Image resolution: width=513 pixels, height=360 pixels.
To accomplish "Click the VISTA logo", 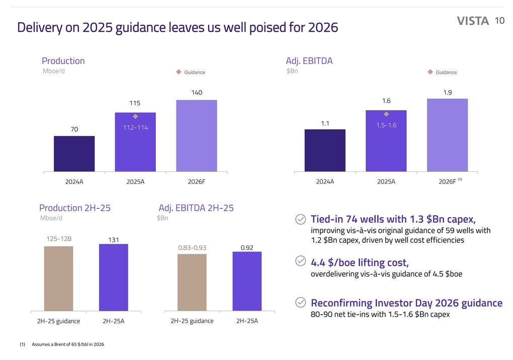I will point(473,21).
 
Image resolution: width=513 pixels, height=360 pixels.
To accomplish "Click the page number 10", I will point(499,21).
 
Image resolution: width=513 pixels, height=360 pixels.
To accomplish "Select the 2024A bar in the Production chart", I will point(74,153).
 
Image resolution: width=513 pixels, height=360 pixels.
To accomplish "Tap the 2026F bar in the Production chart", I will point(196,135).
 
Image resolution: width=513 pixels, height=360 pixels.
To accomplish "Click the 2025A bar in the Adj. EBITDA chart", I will point(386,141).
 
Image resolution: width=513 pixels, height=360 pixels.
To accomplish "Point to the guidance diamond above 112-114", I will point(135,117).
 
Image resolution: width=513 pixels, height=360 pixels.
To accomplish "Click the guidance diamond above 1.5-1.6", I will point(386,114).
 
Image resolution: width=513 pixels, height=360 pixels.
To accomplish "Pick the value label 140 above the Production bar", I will point(196,93).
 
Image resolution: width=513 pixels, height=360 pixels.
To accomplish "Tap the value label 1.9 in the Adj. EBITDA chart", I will point(447,92).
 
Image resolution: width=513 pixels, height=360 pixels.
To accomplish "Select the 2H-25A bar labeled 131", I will point(114,278).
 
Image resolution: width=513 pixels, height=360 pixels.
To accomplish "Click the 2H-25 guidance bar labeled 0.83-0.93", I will point(192,282).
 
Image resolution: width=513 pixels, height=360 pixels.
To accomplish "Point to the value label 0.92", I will point(247,247).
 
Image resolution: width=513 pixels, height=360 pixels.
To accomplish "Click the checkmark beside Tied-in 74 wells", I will point(300,220).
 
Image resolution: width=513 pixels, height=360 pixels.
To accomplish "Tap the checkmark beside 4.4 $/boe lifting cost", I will point(300,261).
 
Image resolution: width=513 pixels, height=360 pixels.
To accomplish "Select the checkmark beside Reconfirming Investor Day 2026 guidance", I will point(300,302).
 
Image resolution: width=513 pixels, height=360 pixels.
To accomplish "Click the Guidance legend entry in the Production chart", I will point(191,72).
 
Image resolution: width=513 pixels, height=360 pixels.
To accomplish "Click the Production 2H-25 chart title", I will point(75,208).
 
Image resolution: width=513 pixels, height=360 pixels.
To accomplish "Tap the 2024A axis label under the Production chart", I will point(74,182).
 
